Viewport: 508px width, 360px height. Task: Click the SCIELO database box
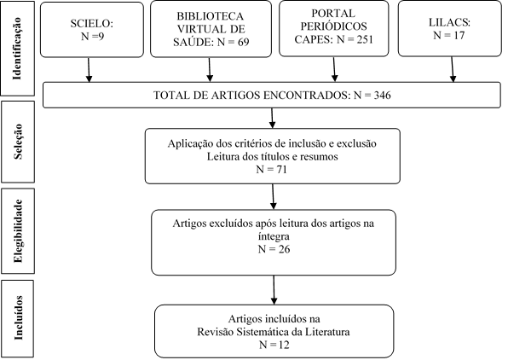point(92,30)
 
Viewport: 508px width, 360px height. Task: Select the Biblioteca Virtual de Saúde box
point(211,29)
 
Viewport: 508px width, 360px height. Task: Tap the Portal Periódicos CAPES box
point(334,28)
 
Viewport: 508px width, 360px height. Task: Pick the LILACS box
point(449,28)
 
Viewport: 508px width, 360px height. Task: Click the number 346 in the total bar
point(383,95)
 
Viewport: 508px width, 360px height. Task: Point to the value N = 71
point(272,169)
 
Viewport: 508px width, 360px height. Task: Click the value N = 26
point(274,249)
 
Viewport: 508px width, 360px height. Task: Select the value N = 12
point(274,345)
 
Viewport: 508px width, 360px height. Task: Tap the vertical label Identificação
point(17,49)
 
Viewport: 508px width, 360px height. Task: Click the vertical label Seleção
point(18,142)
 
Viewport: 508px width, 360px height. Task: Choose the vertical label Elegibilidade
point(18,230)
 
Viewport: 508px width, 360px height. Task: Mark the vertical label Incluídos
point(18,318)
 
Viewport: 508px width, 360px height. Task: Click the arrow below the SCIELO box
point(89,70)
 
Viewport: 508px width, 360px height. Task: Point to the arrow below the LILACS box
point(453,69)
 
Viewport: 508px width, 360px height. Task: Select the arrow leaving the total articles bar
point(272,118)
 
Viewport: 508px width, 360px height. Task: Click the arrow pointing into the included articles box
point(274,290)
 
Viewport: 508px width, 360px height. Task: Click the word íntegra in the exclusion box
point(274,236)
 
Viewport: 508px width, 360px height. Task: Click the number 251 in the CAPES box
point(365,39)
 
